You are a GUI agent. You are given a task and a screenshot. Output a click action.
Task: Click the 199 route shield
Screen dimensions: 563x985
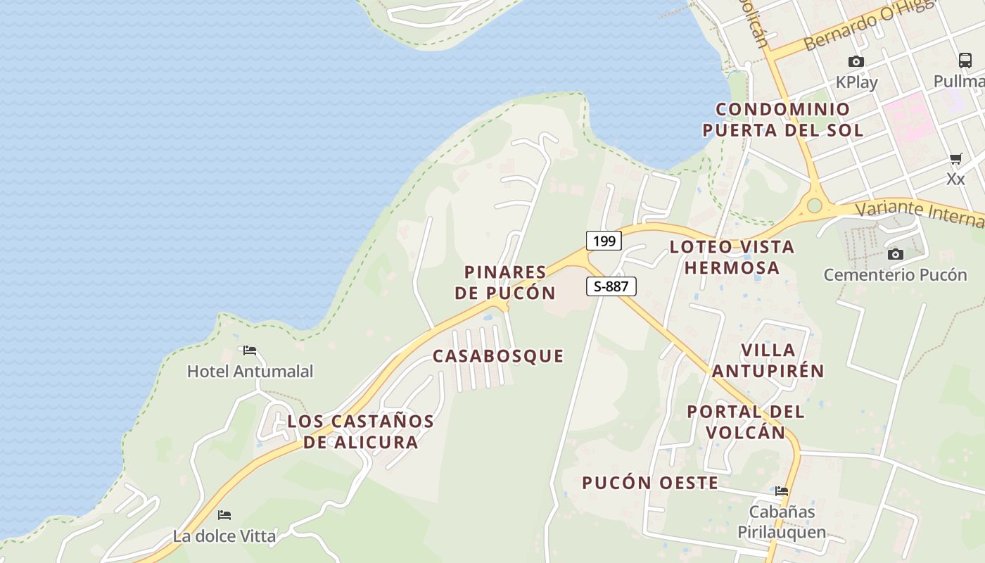[604, 241]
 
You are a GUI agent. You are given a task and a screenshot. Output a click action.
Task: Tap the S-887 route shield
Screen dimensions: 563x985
[611, 286]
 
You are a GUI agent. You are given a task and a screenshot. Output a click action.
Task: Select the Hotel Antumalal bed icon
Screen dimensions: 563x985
[250, 350]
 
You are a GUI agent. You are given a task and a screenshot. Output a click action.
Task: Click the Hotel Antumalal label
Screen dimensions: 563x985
[250, 371]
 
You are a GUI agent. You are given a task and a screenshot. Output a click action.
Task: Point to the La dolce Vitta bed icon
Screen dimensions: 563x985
[224, 515]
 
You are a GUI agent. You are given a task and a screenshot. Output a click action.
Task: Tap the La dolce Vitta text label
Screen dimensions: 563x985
[224, 536]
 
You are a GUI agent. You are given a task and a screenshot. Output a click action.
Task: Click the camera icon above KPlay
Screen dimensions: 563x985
[856, 62]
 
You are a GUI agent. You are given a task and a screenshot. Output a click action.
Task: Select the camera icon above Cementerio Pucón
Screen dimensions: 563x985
[896, 254]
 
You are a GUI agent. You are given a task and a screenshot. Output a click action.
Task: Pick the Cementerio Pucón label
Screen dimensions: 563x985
[896, 274]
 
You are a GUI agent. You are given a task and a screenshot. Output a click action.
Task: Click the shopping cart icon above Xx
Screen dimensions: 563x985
[955, 158]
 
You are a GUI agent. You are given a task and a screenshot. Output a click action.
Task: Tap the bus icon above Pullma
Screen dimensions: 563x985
[965, 61]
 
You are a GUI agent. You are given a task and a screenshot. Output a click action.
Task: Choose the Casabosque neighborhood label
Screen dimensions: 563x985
[498, 356]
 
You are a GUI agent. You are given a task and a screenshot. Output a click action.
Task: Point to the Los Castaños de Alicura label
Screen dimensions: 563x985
[361, 431]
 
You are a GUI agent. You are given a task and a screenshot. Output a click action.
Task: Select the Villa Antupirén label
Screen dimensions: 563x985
[768, 360]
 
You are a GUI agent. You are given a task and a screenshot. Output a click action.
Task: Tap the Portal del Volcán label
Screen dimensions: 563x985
[746, 422]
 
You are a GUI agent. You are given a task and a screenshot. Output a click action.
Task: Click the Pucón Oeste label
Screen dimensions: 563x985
[650, 483]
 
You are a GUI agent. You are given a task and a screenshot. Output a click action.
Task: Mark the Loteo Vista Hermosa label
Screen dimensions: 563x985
[732, 257]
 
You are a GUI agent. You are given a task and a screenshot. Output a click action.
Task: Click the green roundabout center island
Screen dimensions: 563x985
[815, 205]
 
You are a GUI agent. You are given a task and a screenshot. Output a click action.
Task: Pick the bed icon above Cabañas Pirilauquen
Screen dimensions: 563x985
[782, 491]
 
